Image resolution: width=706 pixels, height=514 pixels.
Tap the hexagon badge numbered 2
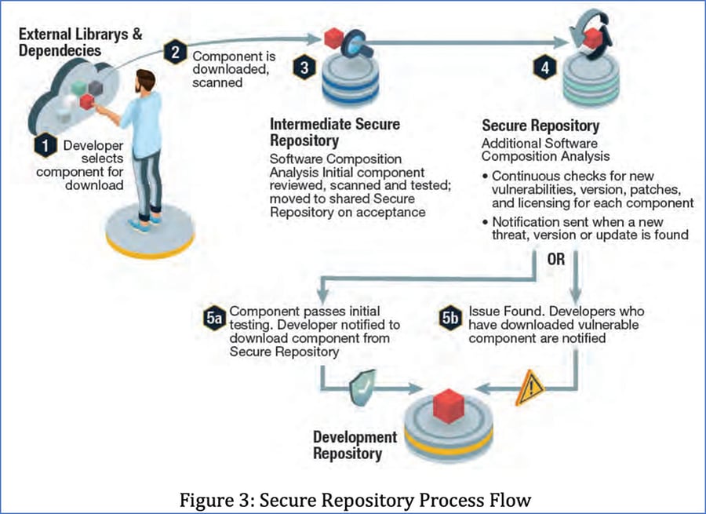click(175, 53)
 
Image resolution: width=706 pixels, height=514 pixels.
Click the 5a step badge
click(213, 318)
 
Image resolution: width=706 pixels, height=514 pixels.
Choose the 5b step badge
click(449, 318)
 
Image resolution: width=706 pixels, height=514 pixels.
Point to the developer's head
click(146, 82)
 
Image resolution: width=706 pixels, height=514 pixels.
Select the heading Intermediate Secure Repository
click(334, 131)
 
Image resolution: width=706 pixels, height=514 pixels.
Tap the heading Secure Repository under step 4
click(540, 126)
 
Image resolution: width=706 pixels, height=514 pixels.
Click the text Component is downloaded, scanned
click(228, 67)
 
